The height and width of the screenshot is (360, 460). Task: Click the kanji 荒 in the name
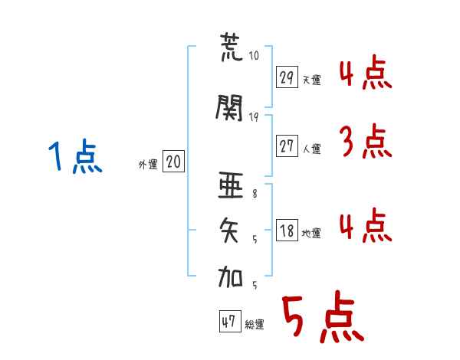tap(232, 47)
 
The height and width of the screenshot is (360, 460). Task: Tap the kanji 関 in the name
tap(229, 107)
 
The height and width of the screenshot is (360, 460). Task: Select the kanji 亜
tap(231, 185)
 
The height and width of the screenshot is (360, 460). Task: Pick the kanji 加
tap(230, 277)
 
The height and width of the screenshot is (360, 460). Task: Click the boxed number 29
tap(287, 77)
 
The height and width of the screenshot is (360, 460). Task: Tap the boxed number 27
tap(287, 146)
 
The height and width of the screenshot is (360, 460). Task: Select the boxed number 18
tap(287, 230)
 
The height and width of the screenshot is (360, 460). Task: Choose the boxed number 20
tap(173, 162)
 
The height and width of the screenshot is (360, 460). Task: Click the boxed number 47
tap(230, 321)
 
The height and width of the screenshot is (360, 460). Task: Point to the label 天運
tap(311, 80)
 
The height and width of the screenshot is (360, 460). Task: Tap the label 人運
tap(311, 149)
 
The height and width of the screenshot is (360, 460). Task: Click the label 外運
tap(148, 165)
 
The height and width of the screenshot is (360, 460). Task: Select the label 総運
tap(255, 324)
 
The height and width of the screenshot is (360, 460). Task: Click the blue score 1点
tap(76, 156)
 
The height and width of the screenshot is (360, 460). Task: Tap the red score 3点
tap(366, 141)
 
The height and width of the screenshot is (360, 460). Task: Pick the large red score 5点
tap(324, 316)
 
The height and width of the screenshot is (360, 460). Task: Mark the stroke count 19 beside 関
tap(254, 117)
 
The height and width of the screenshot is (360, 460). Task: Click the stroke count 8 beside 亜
tap(255, 194)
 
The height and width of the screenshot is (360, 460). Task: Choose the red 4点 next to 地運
tap(366, 225)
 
